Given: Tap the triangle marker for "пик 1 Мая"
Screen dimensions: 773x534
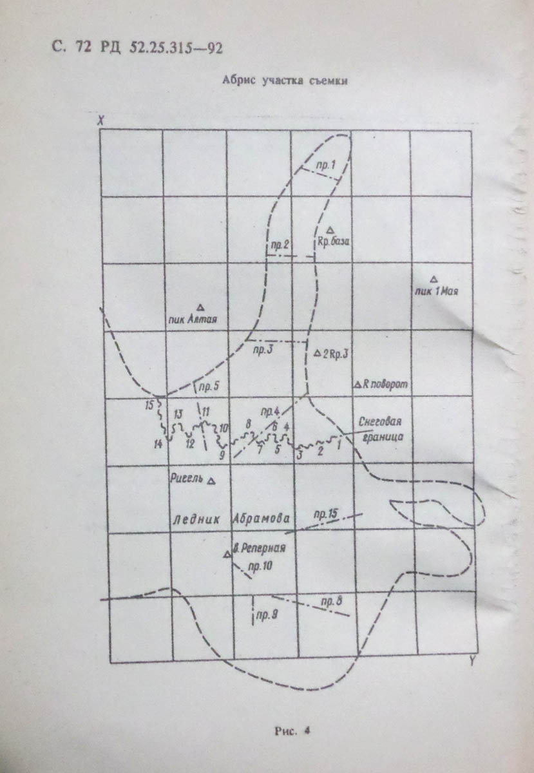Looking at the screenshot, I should point(434,279).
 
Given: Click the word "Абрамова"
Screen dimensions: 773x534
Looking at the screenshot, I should point(262,519).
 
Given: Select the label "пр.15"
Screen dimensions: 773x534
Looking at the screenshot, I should point(325,513).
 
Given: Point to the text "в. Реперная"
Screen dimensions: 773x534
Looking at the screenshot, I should point(258,550).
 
